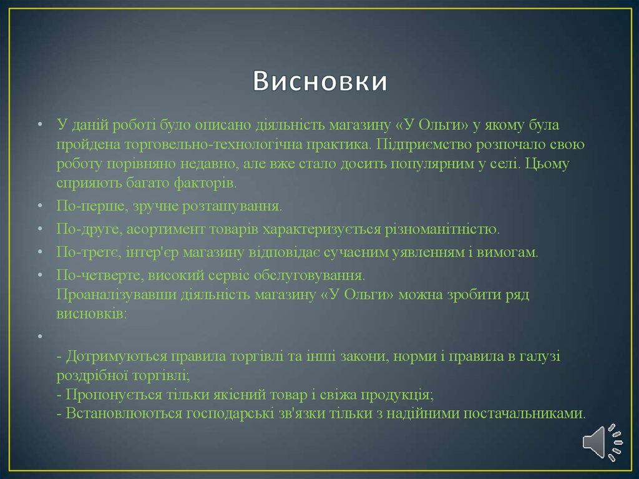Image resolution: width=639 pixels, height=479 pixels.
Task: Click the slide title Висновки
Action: click(x=320, y=81)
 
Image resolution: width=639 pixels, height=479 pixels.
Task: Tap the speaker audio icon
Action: click(x=603, y=442)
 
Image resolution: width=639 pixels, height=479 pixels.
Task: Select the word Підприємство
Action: click(x=424, y=144)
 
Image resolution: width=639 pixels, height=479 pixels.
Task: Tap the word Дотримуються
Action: click(x=116, y=356)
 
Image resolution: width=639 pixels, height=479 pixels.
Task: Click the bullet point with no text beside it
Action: click(x=40, y=337)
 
